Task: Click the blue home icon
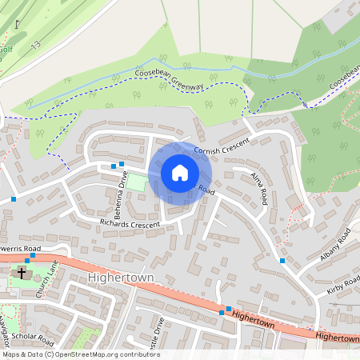click(179, 173)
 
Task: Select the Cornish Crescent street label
click(222, 145)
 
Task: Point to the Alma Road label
click(258, 188)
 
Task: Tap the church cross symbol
click(22, 274)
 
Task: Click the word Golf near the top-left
click(5, 50)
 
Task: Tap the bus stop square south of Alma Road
click(282, 260)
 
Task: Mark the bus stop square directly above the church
click(27, 260)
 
